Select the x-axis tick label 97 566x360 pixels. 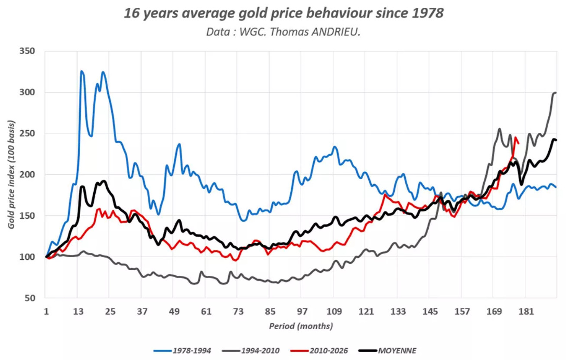pos(302,311)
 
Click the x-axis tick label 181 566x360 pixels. pos(525,311)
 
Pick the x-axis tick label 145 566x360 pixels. pos(429,311)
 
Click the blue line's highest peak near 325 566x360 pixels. pos(82,71)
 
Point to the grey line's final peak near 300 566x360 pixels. pos(555,93)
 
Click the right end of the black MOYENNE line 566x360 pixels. pos(556,140)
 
